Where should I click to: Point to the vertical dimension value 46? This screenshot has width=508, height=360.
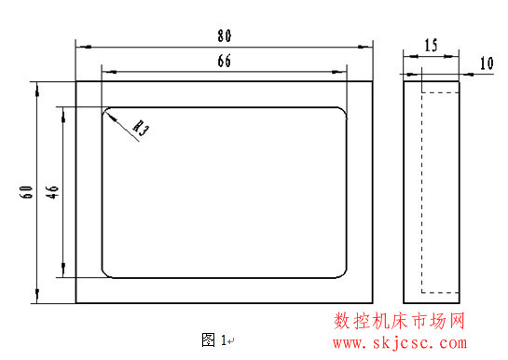point(53,192)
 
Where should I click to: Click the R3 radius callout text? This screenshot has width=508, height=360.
point(141,127)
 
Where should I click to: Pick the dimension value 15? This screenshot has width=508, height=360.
point(431,45)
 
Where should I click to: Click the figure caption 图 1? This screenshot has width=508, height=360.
point(214,337)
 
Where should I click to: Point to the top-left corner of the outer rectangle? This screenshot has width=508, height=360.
point(76,81)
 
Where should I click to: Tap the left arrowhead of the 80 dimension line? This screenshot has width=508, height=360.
point(79,45)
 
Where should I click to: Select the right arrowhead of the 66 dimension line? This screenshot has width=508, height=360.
point(343,70)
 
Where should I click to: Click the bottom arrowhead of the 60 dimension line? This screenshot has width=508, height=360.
point(37,300)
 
